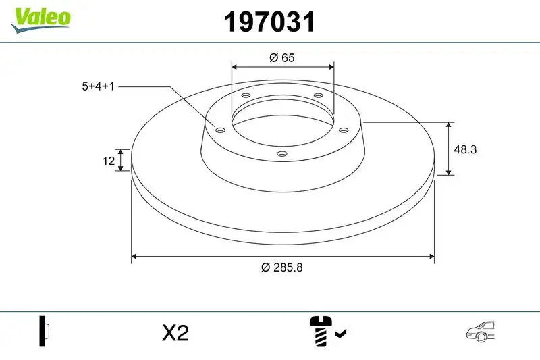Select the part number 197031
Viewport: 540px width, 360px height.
click(270, 22)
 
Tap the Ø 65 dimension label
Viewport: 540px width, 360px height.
click(281, 58)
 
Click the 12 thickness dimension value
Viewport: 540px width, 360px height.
click(107, 160)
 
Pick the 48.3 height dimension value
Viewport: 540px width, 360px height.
click(466, 150)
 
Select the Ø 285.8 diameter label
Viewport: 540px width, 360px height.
click(281, 267)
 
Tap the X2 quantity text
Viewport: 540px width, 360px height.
click(175, 332)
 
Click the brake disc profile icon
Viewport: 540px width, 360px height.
click(45, 332)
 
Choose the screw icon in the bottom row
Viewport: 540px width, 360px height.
click(320, 332)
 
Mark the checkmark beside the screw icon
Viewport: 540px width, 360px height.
click(341, 333)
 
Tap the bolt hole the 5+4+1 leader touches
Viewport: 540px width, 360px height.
click(220, 130)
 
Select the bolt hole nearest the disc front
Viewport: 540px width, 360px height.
click(282, 155)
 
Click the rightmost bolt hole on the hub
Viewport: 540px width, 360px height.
click(343, 130)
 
